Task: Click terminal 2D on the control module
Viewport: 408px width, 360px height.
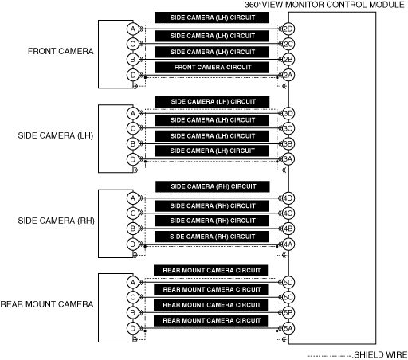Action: tap(288, 29)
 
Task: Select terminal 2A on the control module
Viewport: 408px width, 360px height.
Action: tap(288, 76)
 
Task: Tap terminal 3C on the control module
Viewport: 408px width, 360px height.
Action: tap(288, 128)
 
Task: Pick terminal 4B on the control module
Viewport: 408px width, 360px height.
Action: tap(288, 229)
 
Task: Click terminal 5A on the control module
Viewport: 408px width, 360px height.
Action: tap(288, 328)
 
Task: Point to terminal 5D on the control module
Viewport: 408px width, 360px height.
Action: tap(288, 282)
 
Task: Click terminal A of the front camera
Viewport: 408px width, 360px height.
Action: tap(133, 29)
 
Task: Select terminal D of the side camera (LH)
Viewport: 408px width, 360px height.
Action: tap(133, 159)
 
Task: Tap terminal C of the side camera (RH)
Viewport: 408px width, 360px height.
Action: tap(133, 213)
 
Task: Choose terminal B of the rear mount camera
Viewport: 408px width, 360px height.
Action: tap(133, 313)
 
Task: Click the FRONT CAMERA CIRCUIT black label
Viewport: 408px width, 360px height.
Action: tap(212, 68)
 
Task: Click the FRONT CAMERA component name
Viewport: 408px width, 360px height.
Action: tap(61, 51)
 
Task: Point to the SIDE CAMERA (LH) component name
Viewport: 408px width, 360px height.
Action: tap(56, 135)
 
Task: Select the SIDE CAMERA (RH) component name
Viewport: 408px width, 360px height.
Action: tap(56, 221)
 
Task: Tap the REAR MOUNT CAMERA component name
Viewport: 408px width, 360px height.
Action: tap(47, 304)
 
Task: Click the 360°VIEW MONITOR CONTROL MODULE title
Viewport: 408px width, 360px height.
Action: tap(324, 5)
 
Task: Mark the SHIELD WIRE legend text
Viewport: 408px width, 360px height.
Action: tap(380, 355)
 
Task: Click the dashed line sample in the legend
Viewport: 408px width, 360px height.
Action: tap(329, 356)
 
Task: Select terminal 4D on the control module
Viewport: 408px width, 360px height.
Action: tap(288, 198)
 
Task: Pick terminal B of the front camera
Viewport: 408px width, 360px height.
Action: tap(133, 59)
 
